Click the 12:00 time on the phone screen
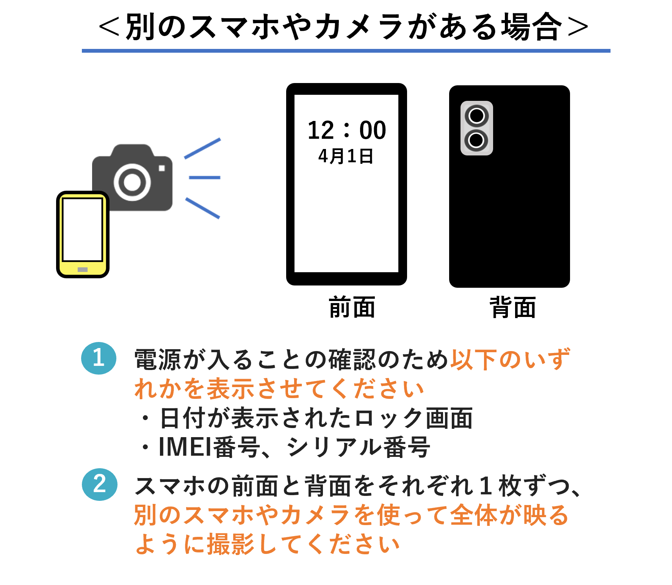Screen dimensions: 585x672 346,130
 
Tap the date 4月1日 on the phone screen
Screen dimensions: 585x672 346,156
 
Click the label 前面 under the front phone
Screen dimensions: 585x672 352,307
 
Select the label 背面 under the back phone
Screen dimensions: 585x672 513,307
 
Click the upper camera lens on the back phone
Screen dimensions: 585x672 476,116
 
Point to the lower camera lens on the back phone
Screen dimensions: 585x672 476,140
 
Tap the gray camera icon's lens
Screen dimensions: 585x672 132,182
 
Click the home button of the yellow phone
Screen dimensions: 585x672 83,270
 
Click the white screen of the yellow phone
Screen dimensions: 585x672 83,229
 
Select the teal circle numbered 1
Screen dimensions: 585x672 99,358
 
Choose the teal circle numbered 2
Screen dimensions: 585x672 100,485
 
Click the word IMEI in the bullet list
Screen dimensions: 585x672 185,447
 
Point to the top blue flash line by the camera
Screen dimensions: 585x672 202,148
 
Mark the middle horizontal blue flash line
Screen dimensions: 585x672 204,177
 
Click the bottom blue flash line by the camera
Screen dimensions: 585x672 203,208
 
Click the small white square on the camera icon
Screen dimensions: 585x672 162,168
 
